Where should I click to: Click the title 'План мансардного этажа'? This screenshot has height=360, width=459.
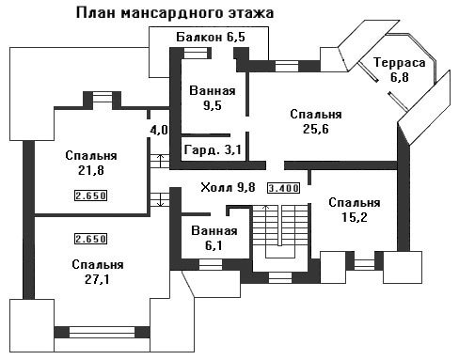pos(175,13)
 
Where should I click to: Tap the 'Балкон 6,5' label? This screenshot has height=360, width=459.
pos(211,37)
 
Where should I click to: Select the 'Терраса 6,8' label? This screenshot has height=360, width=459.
pos(400,70)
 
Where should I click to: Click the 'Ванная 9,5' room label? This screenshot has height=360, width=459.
pos(213,98)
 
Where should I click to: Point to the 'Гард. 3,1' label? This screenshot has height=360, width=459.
pos(213,149)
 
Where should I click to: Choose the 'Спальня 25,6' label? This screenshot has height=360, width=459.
pos(316,121)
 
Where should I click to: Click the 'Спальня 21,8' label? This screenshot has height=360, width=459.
pos(91,163)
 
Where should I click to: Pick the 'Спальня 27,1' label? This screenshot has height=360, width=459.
pos(98,272)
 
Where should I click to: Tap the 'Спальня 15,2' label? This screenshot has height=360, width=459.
pos(355,210)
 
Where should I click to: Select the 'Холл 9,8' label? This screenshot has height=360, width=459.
pos(228,187)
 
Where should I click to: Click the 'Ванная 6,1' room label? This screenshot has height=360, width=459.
pos(214,238)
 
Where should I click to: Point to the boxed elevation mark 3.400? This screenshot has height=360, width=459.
pos(283,188)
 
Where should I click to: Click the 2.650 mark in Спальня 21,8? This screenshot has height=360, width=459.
pos(90,196)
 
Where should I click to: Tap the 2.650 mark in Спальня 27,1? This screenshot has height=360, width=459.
pos(90,239)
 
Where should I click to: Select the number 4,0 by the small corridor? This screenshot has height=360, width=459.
pos(159,130)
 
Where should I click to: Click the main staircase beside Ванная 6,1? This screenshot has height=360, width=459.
pos(280,232)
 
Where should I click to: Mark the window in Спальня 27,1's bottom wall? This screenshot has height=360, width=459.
pos(102,332)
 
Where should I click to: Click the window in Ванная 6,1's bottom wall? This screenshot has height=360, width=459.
pos(211,265)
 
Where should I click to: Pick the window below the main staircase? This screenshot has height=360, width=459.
pos(280,278)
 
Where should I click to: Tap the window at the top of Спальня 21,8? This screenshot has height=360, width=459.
pos(103,97)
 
